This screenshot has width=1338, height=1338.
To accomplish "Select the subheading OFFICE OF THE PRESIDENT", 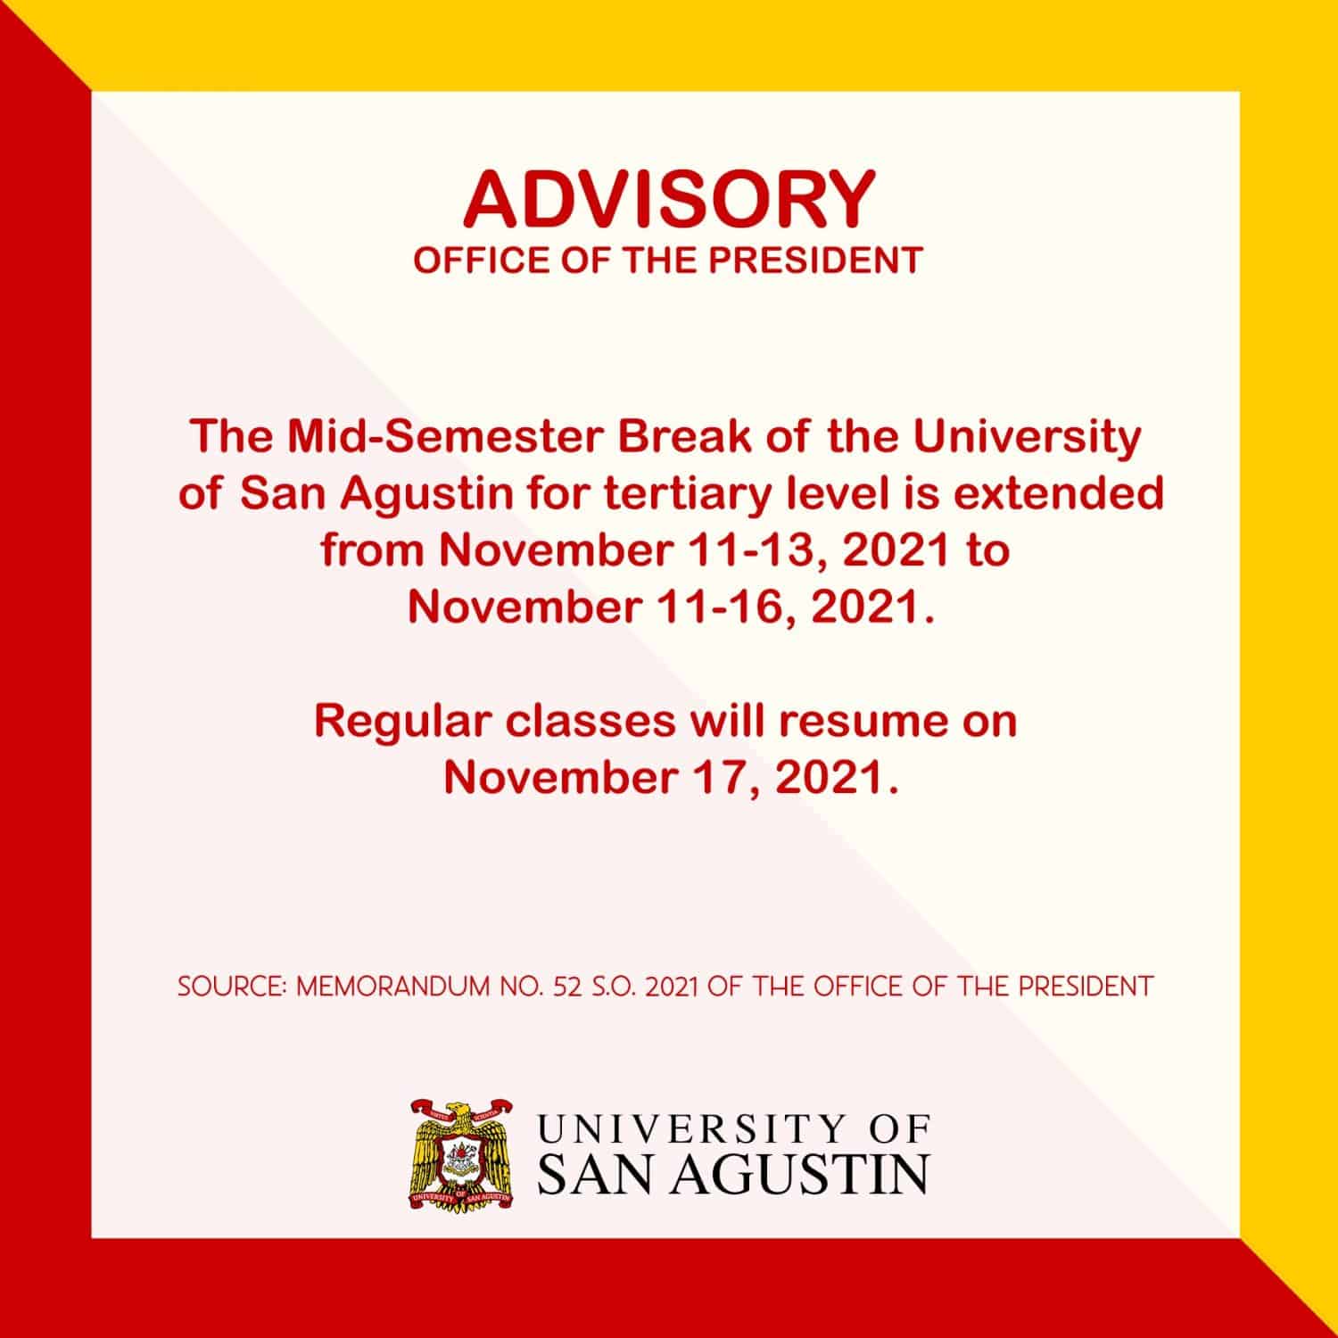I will pyautogui.click(x=668, y=260).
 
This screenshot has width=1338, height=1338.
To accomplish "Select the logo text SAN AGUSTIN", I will pyautogui.click(x=733, y=1176).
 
